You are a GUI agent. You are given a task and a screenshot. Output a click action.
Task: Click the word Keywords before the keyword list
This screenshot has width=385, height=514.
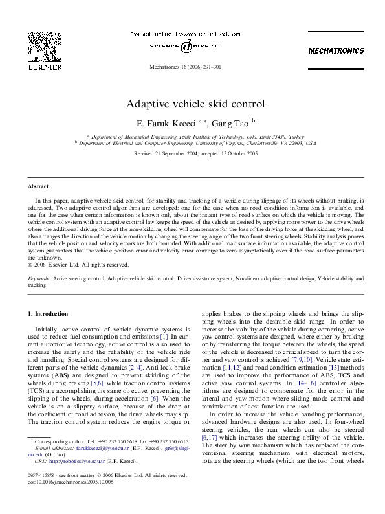[39, 278]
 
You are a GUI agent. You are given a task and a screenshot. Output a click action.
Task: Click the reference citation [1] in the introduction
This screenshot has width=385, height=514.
[164, 337]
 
